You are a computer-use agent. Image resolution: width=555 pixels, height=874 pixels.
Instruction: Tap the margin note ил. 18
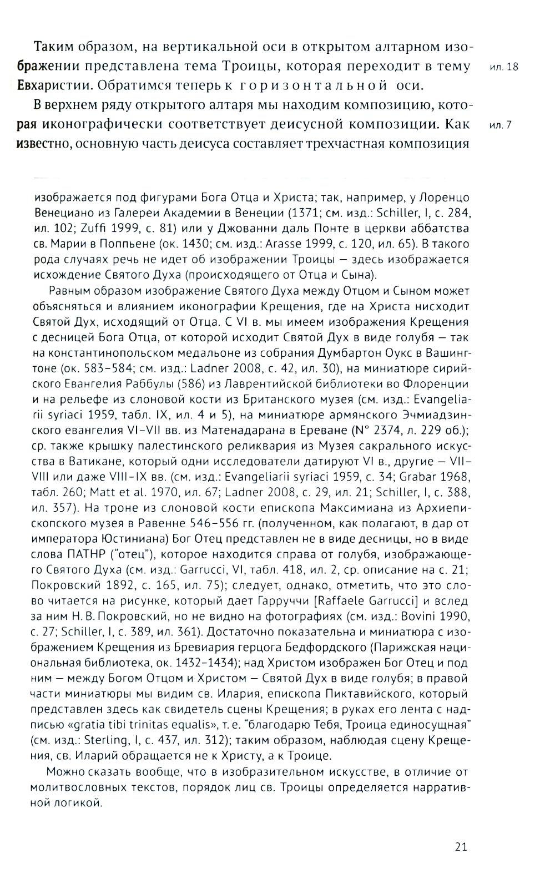[x=504, y=67]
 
